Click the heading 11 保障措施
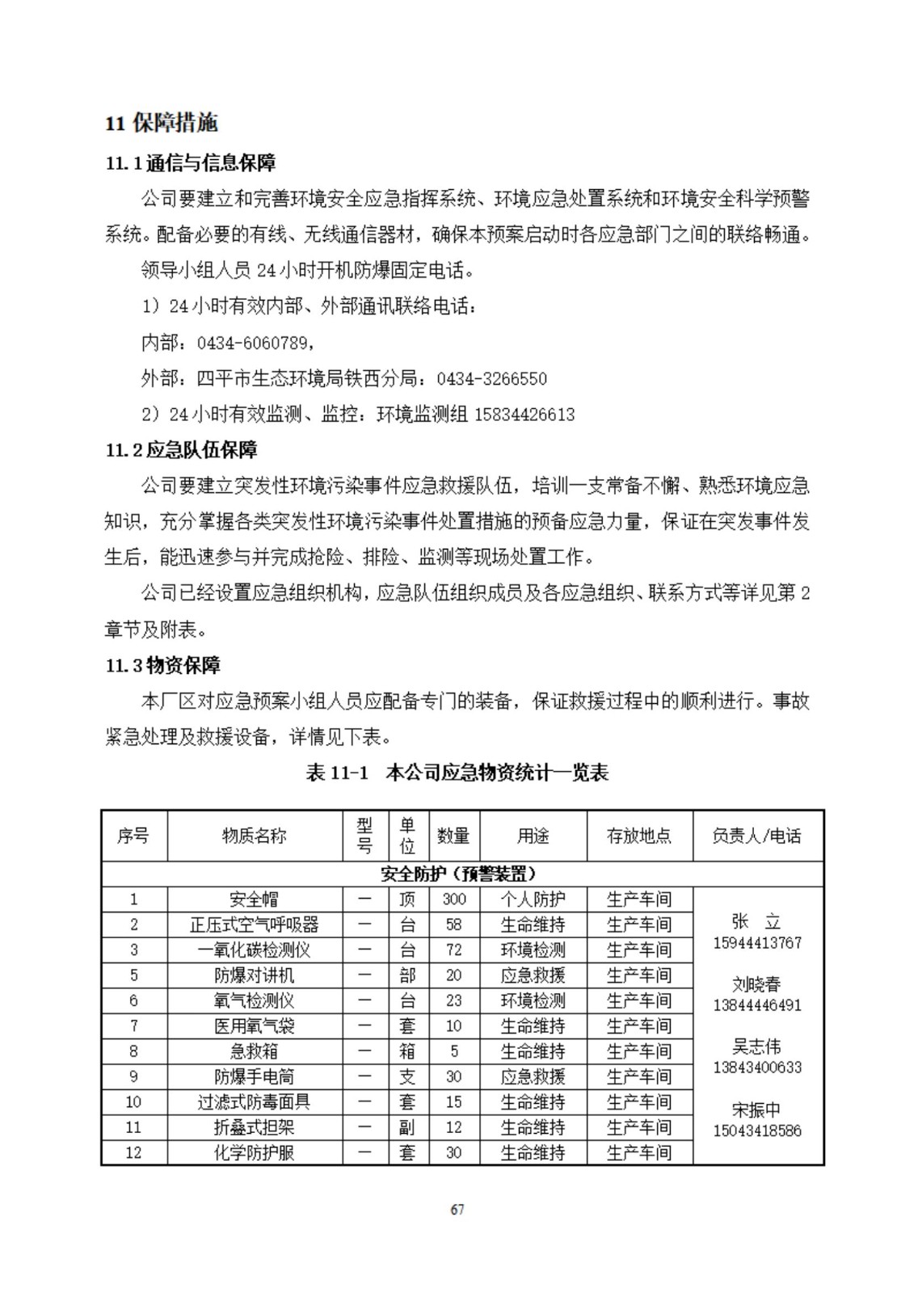click(x=162, y=123)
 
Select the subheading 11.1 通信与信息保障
click(x=191, y=163)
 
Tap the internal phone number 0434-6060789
click(x=252, y=343)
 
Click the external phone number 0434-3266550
click(x=491, y=379)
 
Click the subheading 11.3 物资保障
click(x=163, y=666)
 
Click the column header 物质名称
click(x=255, y=836)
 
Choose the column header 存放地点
click(x=638, y=836)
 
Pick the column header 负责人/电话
click(x=757, y=836)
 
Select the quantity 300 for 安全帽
click(x=454, y=899)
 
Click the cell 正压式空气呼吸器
click(x=255, y=924)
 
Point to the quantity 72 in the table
click(x=454, y=950)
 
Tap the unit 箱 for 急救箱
click(x=407, y=1051)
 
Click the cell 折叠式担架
click(x=255, y=1127)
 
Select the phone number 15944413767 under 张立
click(x=757, y=943)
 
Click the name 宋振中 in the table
click(x=757, y=1110)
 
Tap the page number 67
click(x=457, y=1210)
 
